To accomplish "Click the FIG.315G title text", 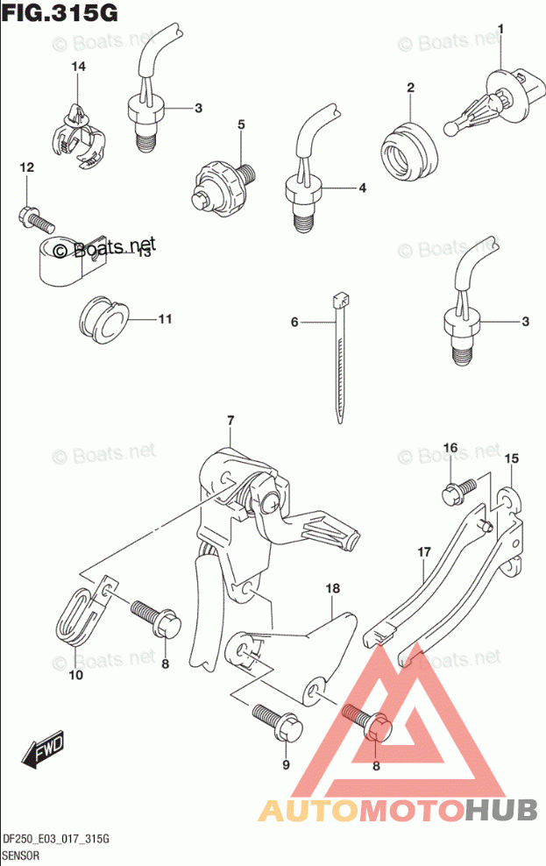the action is point(60,14).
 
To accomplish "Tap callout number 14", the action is point(78,67).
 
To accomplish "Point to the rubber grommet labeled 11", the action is point(103,318).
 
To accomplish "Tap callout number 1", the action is point(501,31).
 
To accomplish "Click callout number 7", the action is point(230,421).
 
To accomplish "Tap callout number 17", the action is point(424,552).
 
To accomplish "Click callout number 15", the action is point(512,458).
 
